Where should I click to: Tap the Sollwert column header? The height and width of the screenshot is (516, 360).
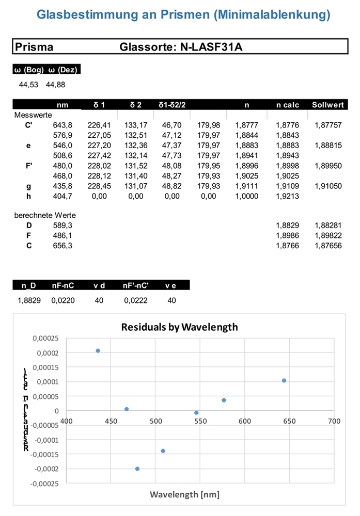(328, 105)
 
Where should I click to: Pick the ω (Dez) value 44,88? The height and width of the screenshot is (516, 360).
(55, 85)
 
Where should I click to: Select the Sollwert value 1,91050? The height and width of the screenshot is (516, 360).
(328, 186)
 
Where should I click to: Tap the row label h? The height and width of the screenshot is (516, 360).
(28, 196)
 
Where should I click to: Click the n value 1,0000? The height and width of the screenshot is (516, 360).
(246, 196)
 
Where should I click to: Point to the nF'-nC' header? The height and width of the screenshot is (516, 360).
(136, 285)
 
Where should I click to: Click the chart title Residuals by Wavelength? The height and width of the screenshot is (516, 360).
(179, 327)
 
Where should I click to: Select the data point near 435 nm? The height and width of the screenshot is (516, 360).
(98, 351)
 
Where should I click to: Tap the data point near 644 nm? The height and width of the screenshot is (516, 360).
(284, 381)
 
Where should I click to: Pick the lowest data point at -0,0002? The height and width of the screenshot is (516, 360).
(137, 469)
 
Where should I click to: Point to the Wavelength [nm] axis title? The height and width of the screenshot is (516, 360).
(184, 495)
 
